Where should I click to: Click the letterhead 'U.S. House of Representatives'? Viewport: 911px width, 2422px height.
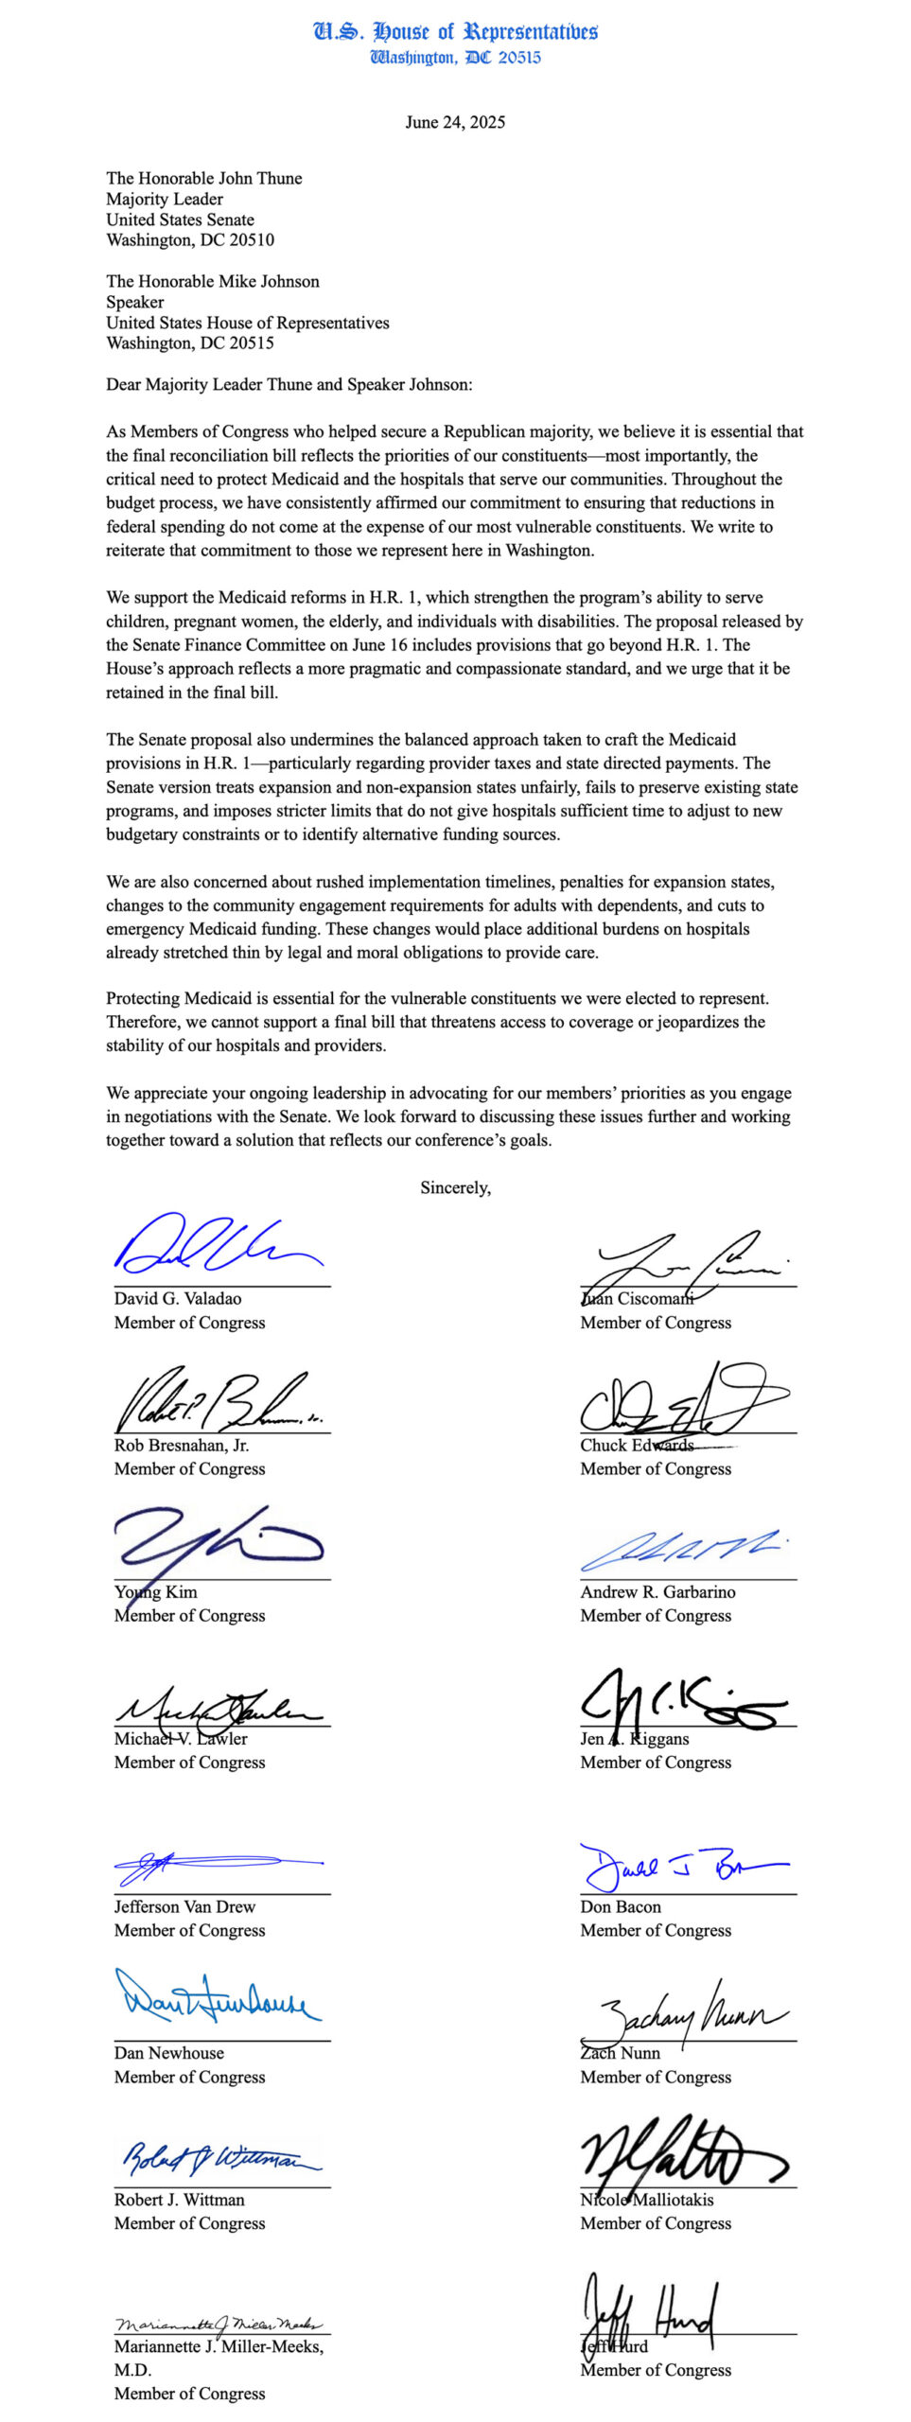455,31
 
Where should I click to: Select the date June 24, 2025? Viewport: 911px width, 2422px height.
455,122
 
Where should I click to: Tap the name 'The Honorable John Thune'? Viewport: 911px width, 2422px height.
204,178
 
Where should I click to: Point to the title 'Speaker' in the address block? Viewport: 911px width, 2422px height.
134,302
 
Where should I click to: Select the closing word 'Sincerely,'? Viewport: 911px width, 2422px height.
455,1187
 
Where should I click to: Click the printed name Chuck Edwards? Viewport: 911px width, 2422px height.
637,1445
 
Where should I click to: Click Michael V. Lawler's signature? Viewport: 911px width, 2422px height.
218,1708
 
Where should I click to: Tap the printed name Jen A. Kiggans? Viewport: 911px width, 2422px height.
635,1738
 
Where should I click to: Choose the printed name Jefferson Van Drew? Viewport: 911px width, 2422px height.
184,1906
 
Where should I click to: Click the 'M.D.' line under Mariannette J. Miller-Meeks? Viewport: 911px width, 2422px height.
132,2369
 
